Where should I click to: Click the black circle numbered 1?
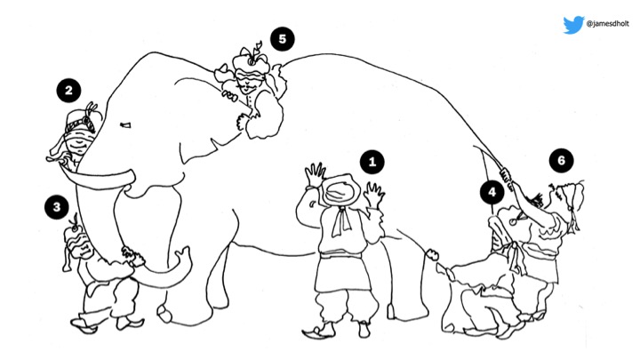(372, 162)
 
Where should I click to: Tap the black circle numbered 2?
(68, 91)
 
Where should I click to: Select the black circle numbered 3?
(57, 207)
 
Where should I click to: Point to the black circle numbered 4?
(492, 192)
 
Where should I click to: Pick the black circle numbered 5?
(283, 39)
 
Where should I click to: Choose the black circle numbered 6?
(561, 160)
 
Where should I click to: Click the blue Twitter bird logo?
(573, 25)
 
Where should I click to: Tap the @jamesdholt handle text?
(607, 24)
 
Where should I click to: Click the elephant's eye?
(125, 125)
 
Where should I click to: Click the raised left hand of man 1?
(315, 175)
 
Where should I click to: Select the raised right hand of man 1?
(374, 195)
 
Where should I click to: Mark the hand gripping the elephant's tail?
(507, 179)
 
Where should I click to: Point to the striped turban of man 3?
(76, 243)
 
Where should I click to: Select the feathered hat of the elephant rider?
(251, 61)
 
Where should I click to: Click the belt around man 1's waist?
(340, 255)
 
